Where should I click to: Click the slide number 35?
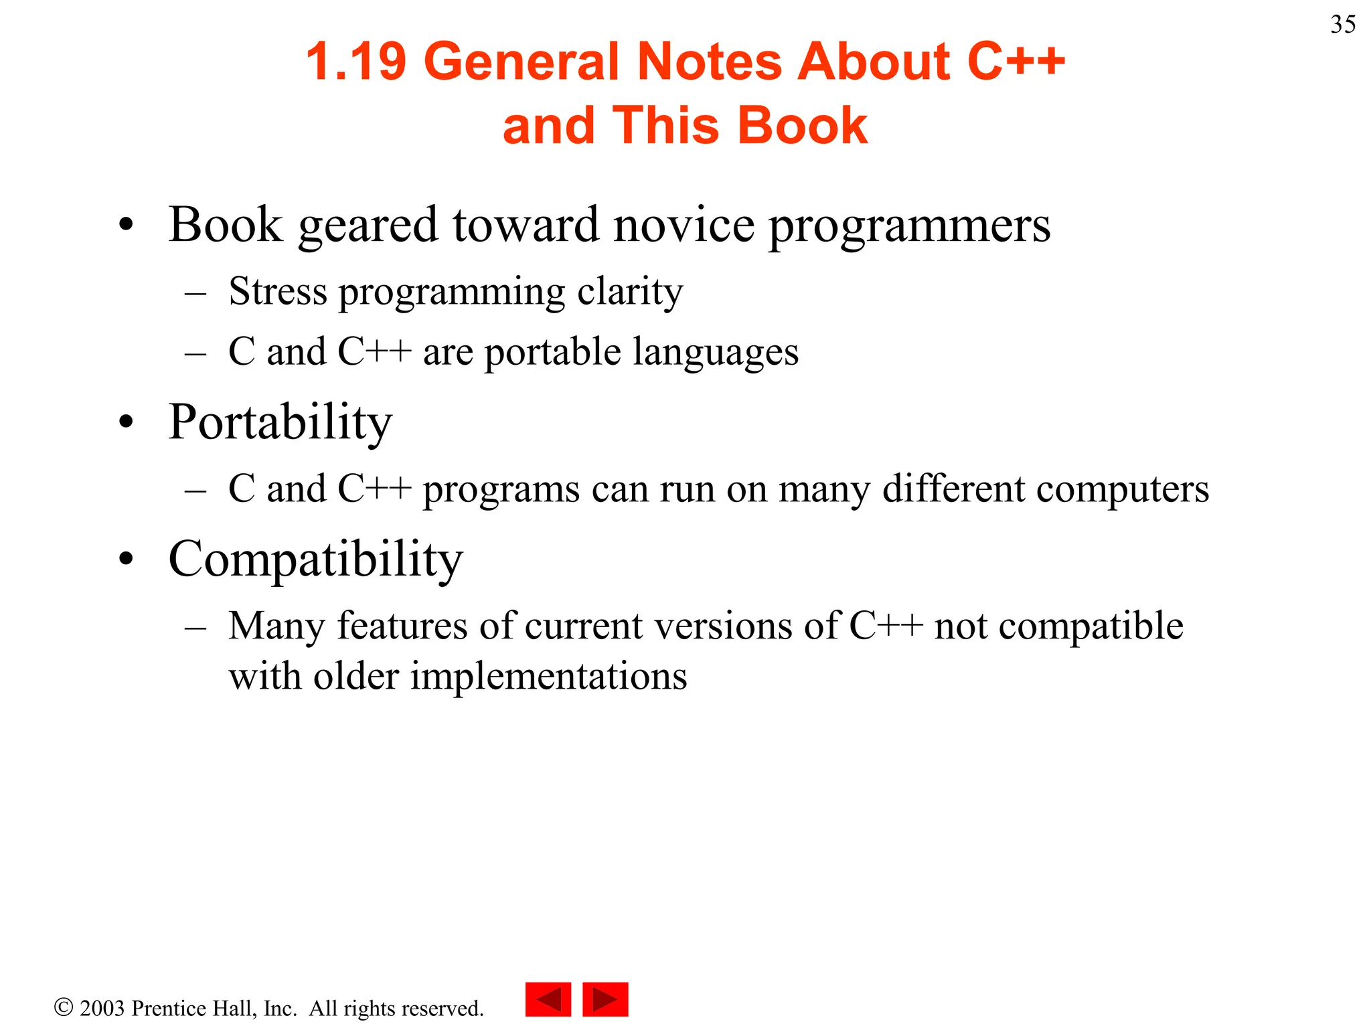point(1343,25)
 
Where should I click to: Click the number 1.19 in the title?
point(355,62)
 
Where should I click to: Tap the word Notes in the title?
point(708,62)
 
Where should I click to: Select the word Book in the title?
point(802,126)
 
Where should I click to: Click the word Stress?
point(278,292)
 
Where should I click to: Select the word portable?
point(552,353)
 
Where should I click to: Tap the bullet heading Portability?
point(280,423)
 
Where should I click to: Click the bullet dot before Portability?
point(126,423)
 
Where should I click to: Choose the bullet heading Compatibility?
point(315,560)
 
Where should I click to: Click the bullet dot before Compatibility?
point(126,559)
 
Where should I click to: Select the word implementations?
point(548,677)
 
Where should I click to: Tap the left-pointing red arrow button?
point(548,999)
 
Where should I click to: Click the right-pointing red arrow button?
point(605,999)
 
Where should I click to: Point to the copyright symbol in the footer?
point(64,1007)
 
